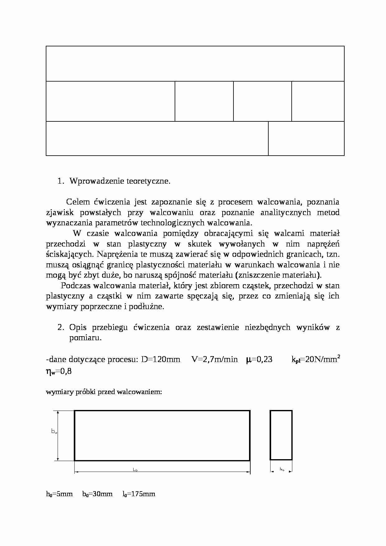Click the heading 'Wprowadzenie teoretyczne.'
pos(120,181)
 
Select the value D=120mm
pos(161,360)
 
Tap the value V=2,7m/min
pos(214,360)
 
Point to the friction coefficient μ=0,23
pos(259,360)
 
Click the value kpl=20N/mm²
pos(315,360)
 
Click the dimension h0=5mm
pos(59,494)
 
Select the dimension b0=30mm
pos(97,494)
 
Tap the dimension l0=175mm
pos(139,494)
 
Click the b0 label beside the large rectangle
pos(54,431)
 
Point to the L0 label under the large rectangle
pos(135,470)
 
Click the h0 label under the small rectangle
pos(282,469)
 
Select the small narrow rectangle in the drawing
pos(281,435)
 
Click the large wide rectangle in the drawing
pos(162,435)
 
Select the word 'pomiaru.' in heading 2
pos(85,338)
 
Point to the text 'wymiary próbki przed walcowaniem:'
pos(104,392)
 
